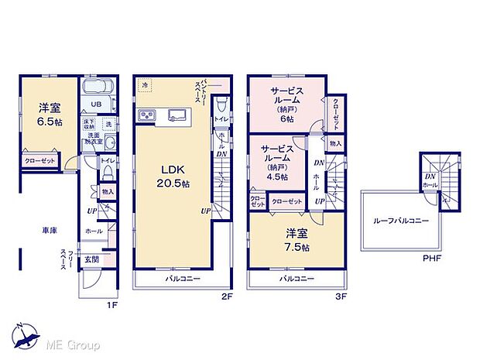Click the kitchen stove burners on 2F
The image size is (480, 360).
pos(147,116)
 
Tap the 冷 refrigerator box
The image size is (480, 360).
pos(144,84)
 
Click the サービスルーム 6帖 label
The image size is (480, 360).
pos(286,105)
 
